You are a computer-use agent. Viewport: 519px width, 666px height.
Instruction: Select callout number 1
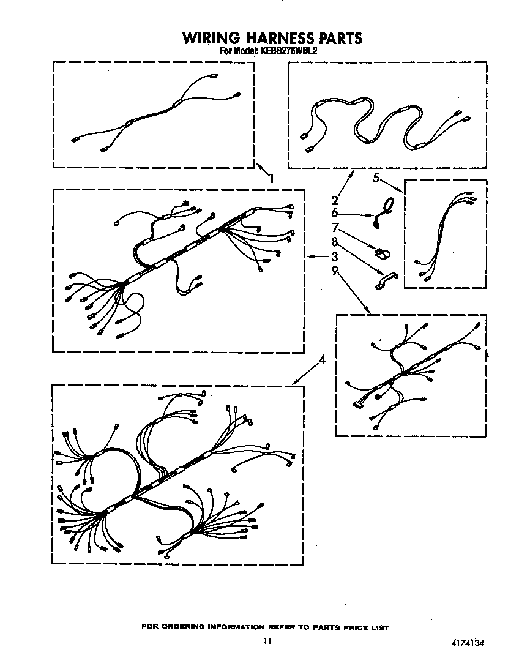coord(271,178)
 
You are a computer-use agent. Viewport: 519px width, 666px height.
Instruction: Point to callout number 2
coord(335,200)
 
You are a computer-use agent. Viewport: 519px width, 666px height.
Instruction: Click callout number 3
coord(335,256)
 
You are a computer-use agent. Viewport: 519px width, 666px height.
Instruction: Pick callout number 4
coord(323,361)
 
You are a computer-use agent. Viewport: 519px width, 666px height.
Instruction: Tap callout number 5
coord(376,178)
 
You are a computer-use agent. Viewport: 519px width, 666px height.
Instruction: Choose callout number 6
coord(335,213)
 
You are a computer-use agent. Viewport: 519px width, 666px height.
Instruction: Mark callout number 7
coord(335,228)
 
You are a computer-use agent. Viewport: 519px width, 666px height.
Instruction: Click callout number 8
coord(335,242)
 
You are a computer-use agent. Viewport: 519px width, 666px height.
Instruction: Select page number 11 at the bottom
coord(266,641)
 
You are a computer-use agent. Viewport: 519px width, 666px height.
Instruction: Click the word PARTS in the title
coord(340,38)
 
